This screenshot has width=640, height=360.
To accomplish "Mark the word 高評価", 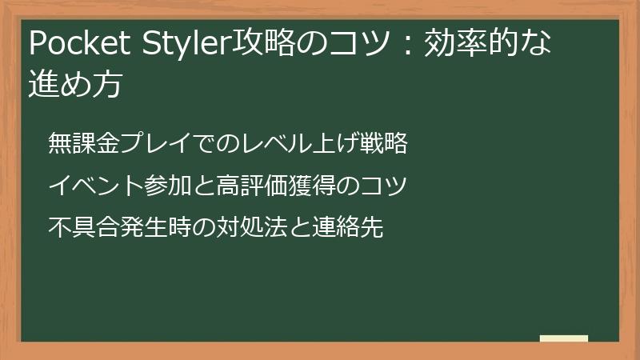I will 244,186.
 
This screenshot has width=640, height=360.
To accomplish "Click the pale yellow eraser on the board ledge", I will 564,338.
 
